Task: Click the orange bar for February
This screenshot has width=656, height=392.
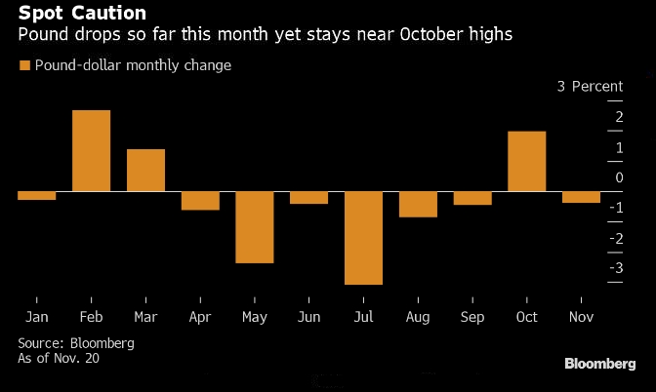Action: tap(91, 151)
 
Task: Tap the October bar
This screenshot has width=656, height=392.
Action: tap(526, 161)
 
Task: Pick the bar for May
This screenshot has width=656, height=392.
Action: tap(254, 226)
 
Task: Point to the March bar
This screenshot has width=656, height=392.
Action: tap(145, 170)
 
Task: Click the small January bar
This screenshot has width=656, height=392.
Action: tap(36, 195)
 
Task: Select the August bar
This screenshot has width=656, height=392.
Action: tap(418, 204)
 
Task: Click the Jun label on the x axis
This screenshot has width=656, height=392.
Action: tap(308, 317)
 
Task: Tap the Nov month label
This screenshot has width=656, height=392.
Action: tap(581, 317)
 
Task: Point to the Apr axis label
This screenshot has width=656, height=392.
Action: tap(200, 317)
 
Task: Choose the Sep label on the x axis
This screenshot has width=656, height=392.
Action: tap(471, 317)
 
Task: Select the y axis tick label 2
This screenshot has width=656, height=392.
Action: tap(617, 117)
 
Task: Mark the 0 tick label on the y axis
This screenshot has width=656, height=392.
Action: tap(617, 177)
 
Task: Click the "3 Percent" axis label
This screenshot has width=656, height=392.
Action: tap(590, 86)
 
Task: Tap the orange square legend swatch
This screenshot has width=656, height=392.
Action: tap(24, 65)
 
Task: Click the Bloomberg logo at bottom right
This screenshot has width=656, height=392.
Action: tap(599, 364)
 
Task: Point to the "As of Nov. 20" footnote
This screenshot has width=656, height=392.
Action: tap(59, 358)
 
